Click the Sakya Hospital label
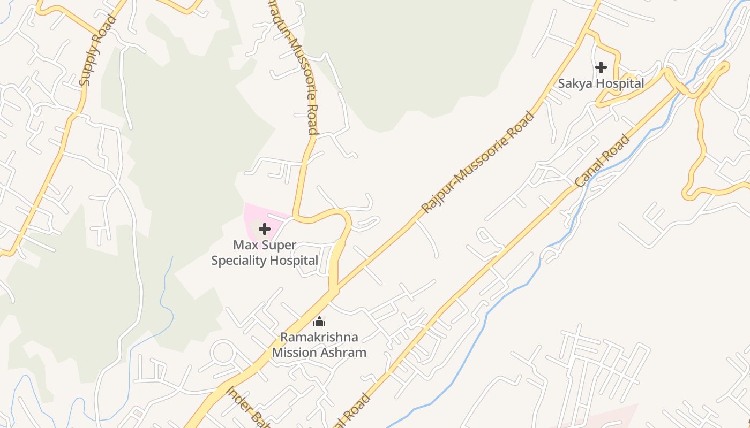pos(601,83)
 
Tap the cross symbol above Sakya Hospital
pos(601,67)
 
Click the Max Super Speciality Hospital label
pos(265,253)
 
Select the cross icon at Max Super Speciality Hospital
pos(265,230)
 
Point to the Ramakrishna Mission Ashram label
pos(319,345)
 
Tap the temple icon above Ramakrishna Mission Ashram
pos(319,322)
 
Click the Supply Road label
pos(97,51)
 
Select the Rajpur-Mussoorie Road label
pos(478,162)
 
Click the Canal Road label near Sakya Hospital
pos(603,161)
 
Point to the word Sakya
pos(575,83)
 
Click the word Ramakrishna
pos(319,338)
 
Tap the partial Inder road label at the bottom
pos(246,407)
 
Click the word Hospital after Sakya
pos(620,83)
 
